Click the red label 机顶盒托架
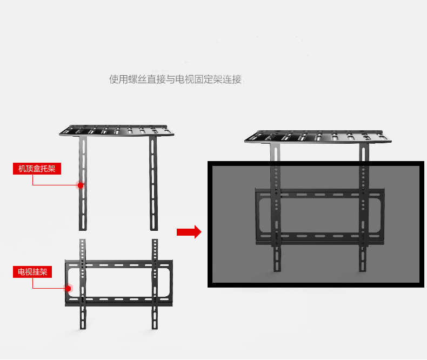37,169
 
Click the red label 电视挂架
32,272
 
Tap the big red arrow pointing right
189,232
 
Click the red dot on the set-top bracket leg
81,185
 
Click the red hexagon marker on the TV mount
69,288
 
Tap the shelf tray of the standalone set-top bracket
117,130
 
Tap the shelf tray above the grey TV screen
316,136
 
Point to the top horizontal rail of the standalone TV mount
119,265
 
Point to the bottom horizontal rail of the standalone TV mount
119,299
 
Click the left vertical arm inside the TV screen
276,216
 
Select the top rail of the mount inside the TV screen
319,193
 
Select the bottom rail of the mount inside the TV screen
319,236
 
